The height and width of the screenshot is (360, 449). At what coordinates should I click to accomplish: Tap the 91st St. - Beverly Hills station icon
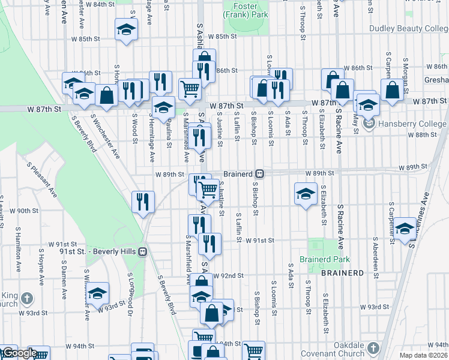(143, 251)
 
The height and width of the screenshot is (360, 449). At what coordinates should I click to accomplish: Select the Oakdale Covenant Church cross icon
(372, 348)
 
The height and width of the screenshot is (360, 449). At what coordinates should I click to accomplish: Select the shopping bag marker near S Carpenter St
(391, 91)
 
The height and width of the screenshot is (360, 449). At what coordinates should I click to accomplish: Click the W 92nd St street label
(229, 276)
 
